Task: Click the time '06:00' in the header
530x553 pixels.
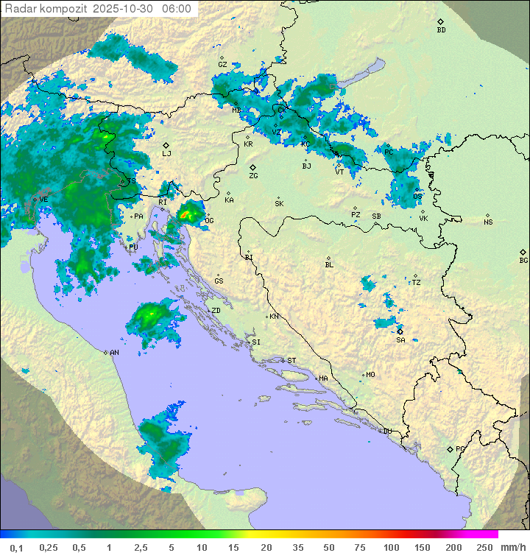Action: point(177,9)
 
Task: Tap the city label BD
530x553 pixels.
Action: point(441,30)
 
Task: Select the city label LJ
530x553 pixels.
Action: point(166,154)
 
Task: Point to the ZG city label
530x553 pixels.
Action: point(253,176)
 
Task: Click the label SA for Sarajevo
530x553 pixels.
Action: point(400,340)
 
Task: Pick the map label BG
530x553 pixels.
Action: point(523,260)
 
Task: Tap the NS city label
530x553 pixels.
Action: point(488,222)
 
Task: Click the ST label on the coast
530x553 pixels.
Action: point(291,361)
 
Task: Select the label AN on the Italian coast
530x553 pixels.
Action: point(114,353)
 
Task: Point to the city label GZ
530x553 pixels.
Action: point(222,65)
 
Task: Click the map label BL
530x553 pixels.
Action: point(329,265)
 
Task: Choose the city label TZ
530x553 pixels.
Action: point(416,283)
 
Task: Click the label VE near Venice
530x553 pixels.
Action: point(43,200)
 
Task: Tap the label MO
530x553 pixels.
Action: point(370,375)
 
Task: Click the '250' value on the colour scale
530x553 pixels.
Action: point(484,547)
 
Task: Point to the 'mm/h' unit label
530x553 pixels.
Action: point(511,547)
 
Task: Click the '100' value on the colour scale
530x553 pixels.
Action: point(392,547)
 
